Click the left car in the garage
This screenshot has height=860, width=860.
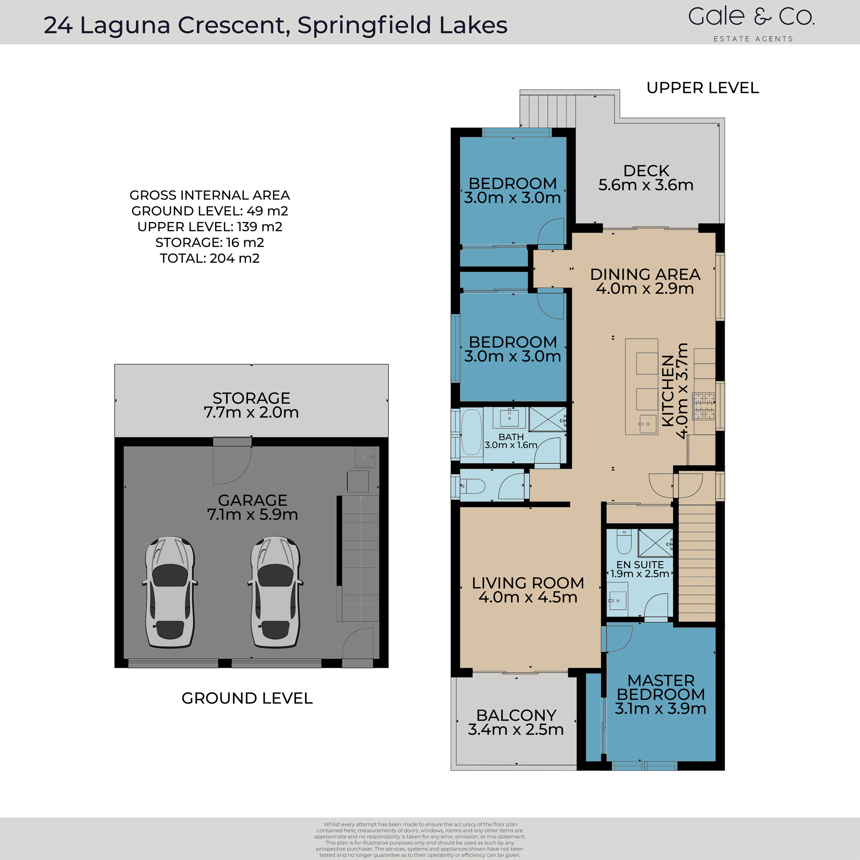[170, 592]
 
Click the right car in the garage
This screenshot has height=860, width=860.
[276, 592]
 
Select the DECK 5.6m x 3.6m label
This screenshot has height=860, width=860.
[646, 178]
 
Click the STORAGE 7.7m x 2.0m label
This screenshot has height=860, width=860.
[251, 405]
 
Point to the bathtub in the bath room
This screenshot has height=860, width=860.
[471, 432]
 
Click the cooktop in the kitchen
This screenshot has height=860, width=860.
[703, 406]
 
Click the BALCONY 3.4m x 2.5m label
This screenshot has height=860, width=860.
[516, 722]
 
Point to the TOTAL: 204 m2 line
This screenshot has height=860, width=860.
[210, 258]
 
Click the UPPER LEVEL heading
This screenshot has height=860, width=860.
[703, 88]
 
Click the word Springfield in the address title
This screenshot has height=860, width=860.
[364, 25]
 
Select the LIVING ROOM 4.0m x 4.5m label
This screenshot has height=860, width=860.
[528, 590]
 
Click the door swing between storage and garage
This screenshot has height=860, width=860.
[231, 463]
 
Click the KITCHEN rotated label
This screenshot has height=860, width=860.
[675, 391]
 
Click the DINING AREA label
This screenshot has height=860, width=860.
[645, 281]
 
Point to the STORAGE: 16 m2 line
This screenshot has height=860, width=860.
[210, 243]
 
